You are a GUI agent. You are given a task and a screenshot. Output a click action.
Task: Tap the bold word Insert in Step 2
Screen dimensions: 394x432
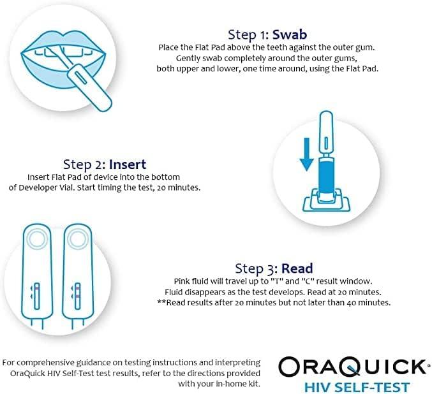[x=129, y=164]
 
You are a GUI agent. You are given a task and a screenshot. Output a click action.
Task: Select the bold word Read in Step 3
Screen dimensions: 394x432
[x=297, y=268]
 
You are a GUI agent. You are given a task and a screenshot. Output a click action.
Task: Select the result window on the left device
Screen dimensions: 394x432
[x=37, y=294]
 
